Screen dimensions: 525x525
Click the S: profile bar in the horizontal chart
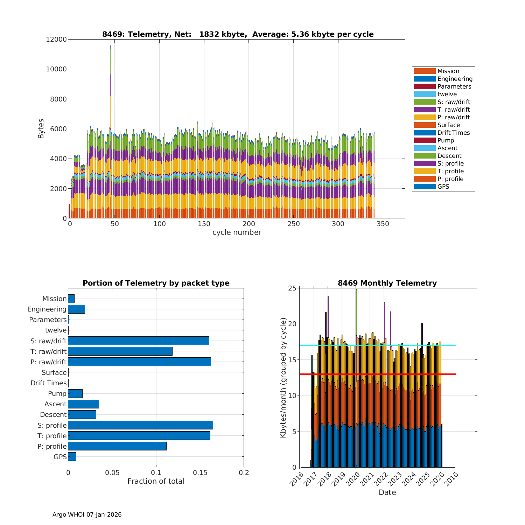point(140,425)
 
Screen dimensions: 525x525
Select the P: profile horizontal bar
point(117,446)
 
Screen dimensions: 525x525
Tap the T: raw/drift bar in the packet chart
point(120,351)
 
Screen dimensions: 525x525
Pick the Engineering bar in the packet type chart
point(76,309)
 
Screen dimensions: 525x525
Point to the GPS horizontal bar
point(72,456)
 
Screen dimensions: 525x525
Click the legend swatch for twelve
point(425,94)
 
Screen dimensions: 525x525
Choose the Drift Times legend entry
point(453,133)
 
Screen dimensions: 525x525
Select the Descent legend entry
point(449,156)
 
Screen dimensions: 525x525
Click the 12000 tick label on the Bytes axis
point(56,39)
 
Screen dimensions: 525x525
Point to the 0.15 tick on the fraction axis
point(200,473)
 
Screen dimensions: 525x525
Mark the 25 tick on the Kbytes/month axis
point(292,288)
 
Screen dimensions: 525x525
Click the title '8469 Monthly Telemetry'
point(387,283)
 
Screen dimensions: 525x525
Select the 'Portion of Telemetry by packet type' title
point(156,283)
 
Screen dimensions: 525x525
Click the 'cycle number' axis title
point(237,232)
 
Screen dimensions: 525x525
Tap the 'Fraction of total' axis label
point(156,481)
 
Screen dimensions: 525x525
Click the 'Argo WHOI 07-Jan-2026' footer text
point(87,514)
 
